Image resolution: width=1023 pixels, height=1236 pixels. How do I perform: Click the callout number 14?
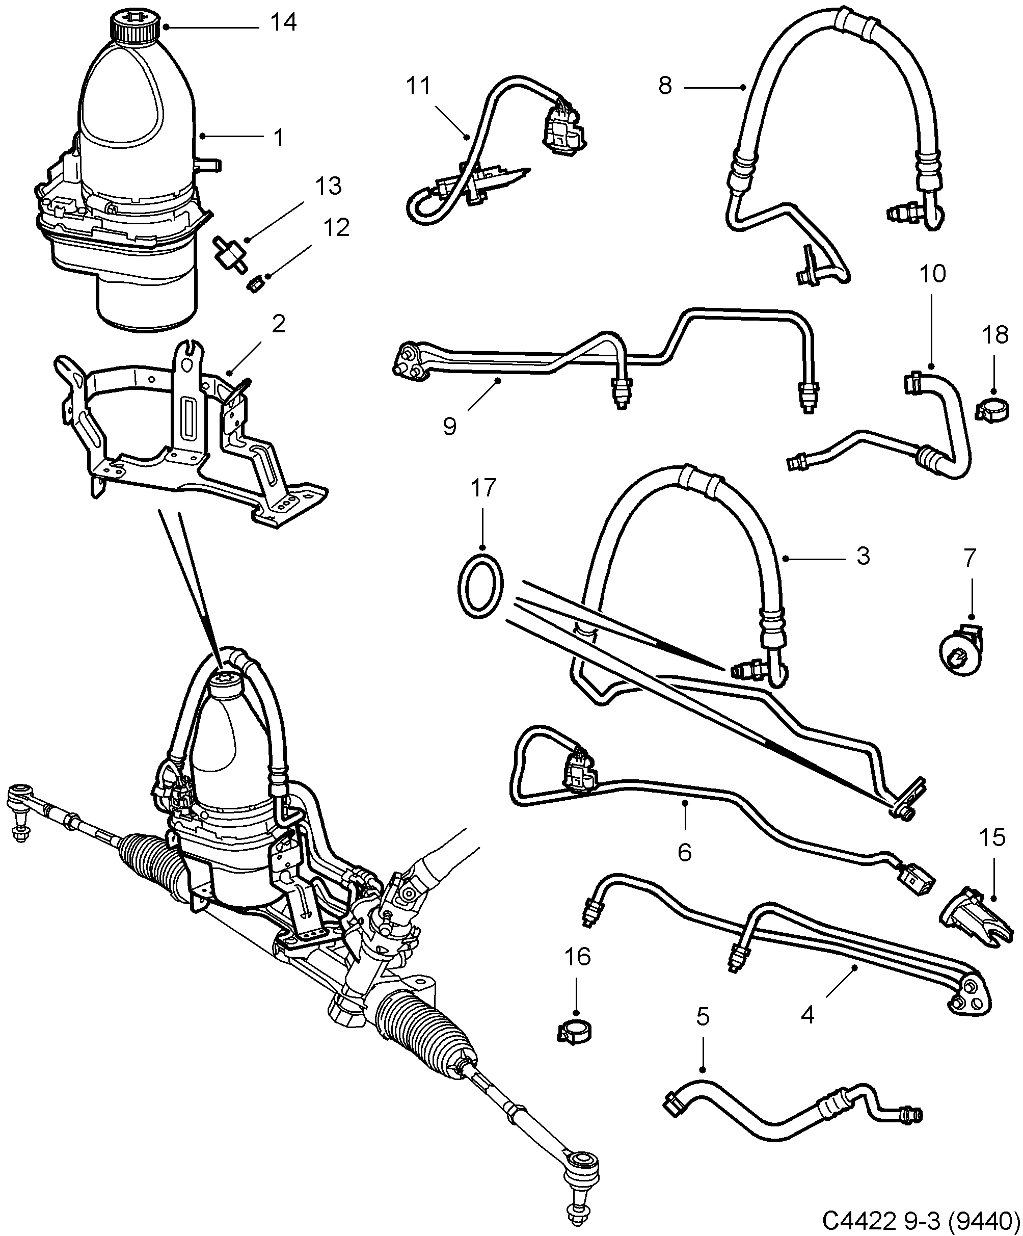point(283,23)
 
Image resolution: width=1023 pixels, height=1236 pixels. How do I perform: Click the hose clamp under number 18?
point(993,408)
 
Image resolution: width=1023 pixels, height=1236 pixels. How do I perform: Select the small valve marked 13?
point(227,252)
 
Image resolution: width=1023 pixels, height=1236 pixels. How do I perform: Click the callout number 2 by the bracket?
point(278,323)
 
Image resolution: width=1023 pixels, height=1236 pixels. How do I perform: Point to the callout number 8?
point(665,87)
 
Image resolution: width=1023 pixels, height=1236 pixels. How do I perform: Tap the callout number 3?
point(863,556)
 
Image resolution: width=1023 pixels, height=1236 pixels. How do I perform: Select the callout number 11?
point(418,87)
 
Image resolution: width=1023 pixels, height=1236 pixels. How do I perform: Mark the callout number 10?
point(932,274)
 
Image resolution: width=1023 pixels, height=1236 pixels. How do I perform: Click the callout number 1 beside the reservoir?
point(279,137)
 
